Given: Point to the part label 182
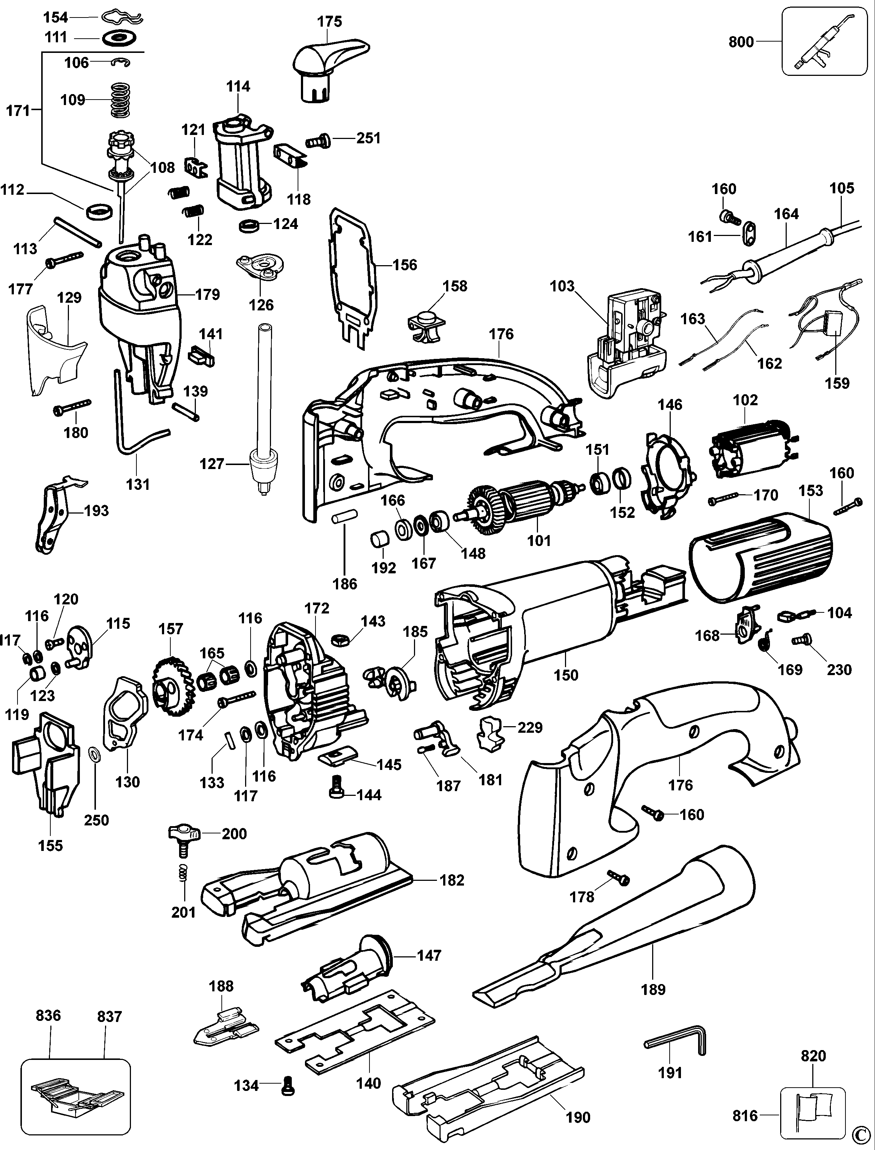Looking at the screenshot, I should [451, 880].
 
